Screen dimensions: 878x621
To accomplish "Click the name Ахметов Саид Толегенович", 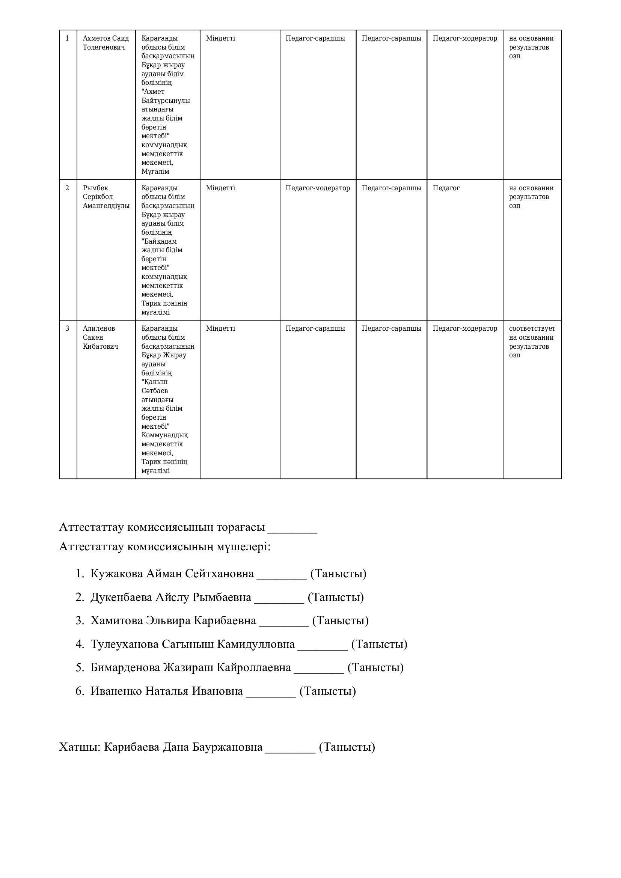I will coord(106,43).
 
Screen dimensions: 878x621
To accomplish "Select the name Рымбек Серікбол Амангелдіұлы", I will coord(106,197).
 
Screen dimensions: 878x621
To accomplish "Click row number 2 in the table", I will coord(67,188).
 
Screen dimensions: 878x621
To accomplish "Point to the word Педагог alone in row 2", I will coord(446,188).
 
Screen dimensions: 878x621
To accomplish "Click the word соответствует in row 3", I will coord(532,328).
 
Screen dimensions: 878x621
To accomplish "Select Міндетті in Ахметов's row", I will coord(220,38).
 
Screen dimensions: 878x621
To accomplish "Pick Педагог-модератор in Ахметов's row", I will coord(464,38).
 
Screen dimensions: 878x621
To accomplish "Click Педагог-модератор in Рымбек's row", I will coord(317,188).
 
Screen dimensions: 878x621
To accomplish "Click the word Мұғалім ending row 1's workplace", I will coord(155,172).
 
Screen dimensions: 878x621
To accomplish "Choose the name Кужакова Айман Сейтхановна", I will coord(172,574).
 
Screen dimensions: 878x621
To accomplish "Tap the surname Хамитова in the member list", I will coord(117,620).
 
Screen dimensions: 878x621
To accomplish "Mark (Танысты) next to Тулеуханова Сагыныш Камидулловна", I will coord(379,645).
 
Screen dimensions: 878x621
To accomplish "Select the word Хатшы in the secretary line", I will coord(80,747).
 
